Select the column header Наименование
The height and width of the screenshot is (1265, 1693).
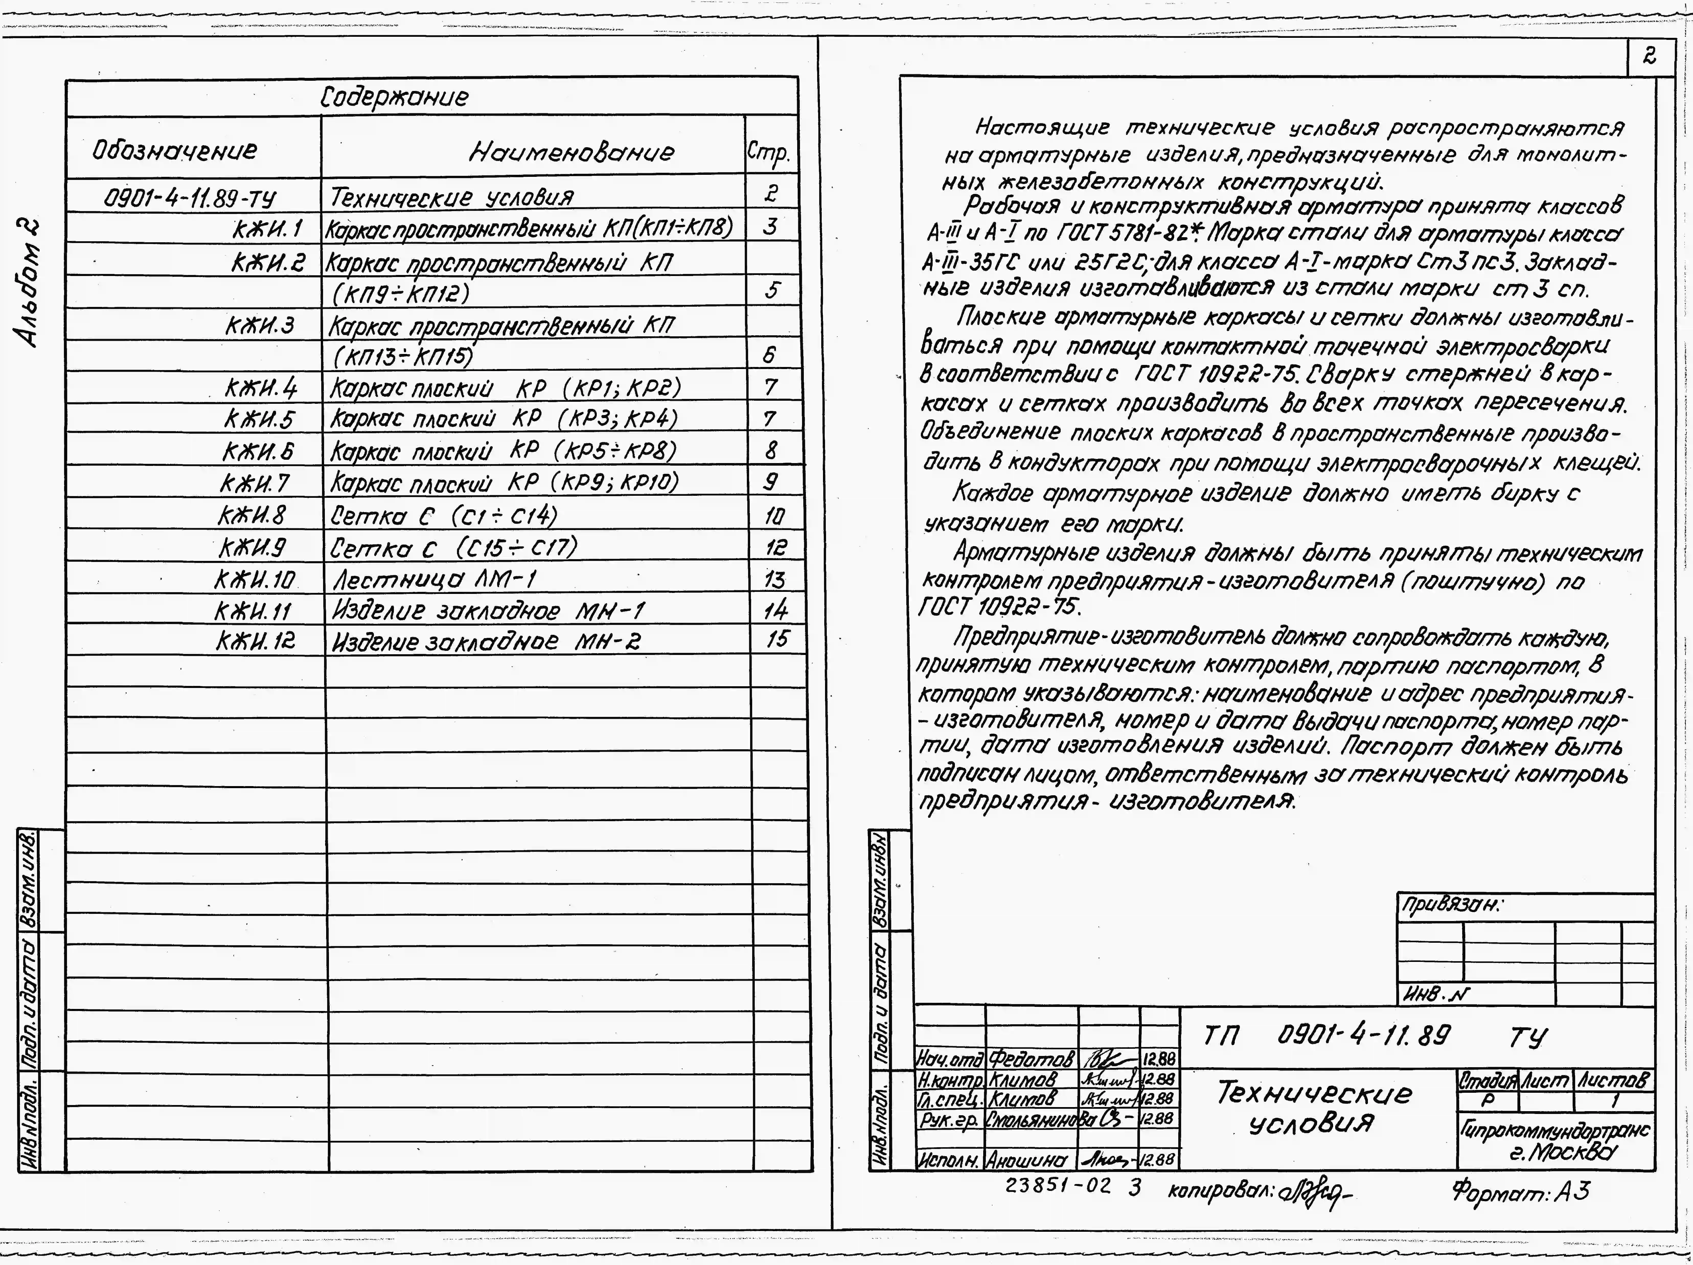click(571, 152)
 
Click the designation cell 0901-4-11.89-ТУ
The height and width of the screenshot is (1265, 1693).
click(190, 199)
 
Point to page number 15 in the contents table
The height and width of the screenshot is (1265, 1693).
click(776, 638)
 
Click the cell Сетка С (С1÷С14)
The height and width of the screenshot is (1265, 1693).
click(444, 516)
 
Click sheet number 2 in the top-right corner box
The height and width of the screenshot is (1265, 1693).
click(1649, 56)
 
